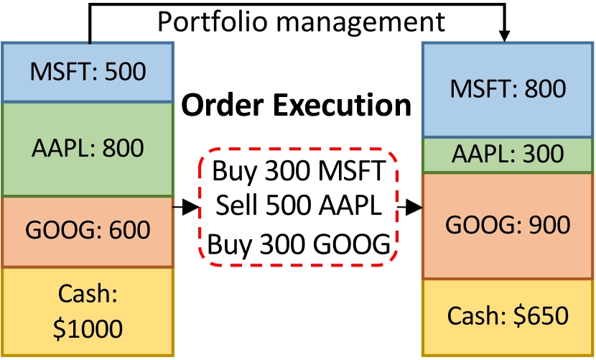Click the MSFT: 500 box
[x=88, y=72]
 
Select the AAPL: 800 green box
[x=88, y=149]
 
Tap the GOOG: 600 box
[x=88, y=231]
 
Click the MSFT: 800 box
[x=507, y=89]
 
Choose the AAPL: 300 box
[x=507, y=154]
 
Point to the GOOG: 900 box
[x=507, y=226]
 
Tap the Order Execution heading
[x=297, y=106]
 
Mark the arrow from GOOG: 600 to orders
[x=185, y=208]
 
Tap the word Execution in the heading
[x=347, y=106]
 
